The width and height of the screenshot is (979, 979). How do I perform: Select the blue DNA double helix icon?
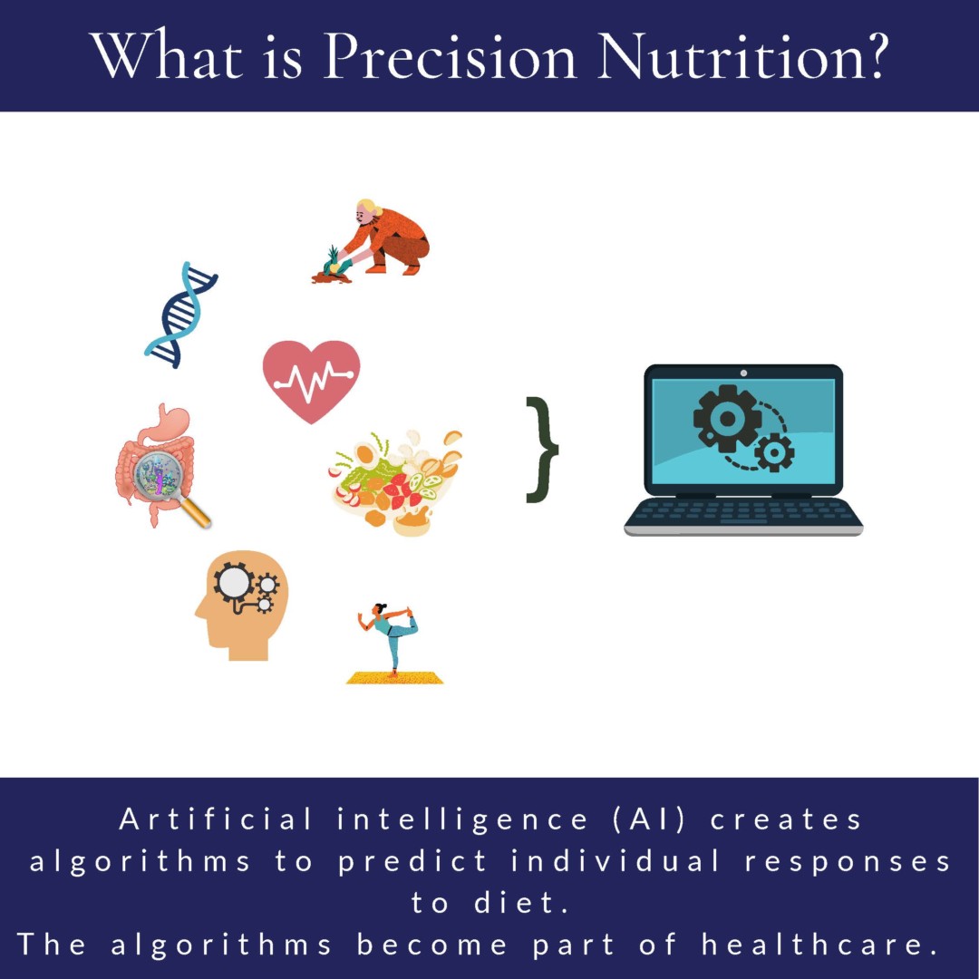click(x=182, y=315)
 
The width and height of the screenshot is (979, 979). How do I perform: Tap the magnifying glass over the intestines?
click(x=163, y=480)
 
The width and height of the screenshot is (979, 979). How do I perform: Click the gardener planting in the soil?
click(x=381, y=237)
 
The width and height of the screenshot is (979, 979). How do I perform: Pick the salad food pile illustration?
click(x=396, y=481)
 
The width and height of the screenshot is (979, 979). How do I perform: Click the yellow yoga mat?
click(x=394, y=677)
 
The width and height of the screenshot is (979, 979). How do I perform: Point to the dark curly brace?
click(x=542, y=449)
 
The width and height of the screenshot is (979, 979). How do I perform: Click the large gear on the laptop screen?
click(x=726, y=416)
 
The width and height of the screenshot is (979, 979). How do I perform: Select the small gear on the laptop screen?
click(x=774, y=451)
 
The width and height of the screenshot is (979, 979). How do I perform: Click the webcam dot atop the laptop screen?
click(x=743, y=373)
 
